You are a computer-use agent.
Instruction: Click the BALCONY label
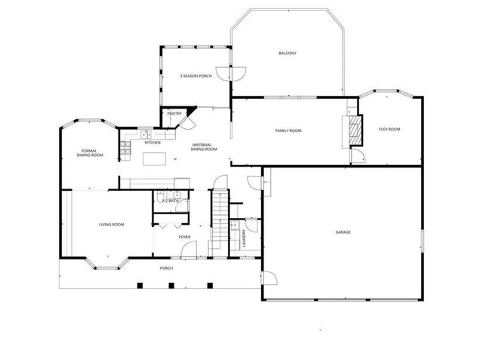287,53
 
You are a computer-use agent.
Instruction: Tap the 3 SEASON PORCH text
195,76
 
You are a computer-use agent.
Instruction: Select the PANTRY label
174,113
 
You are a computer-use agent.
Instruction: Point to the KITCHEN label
152,142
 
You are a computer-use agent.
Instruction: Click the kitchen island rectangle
155,158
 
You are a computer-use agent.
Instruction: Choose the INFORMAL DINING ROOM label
205,147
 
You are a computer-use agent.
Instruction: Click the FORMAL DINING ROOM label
90,153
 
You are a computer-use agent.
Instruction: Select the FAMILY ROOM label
288,130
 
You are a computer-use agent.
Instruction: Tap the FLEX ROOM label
389,129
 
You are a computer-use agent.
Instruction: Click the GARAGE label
343,232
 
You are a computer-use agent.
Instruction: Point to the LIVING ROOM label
112,225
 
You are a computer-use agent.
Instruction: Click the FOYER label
184,238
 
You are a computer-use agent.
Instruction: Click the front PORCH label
166,268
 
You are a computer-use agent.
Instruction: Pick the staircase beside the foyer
218,219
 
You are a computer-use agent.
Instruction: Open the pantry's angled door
189,121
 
